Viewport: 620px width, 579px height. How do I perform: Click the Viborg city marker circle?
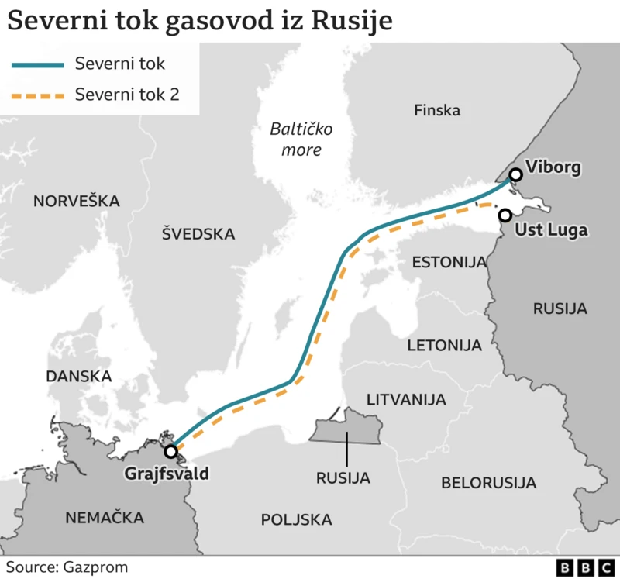point(515,176)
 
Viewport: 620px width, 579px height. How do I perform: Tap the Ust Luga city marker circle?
point(505,215)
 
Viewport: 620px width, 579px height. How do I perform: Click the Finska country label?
point(437,110)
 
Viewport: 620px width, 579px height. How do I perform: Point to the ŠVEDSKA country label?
point(198,233)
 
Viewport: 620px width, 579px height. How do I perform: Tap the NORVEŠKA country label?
point(76,202)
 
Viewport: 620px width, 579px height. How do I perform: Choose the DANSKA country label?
point(79,376)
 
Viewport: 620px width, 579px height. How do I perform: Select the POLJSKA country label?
point(296,519)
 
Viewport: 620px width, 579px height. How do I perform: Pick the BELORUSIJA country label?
point(488,483)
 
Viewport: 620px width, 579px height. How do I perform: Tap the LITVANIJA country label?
point(406,400)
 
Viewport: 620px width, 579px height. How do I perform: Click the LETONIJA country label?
point(444,344)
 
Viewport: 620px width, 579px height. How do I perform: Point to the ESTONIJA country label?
point(448,261)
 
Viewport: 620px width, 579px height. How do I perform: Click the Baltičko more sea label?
point(295,140)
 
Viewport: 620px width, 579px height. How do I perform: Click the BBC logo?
point(585,567)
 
